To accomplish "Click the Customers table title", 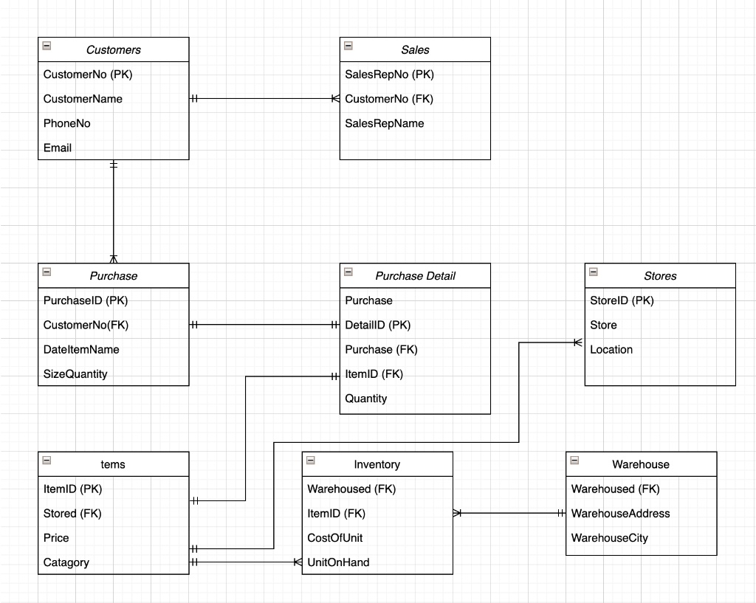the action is point(113,49).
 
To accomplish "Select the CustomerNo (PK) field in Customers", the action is point(88,75).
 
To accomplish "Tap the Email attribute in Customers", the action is point(58,148).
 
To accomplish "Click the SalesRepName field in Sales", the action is point(384,123).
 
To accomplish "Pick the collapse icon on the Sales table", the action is point(348,46).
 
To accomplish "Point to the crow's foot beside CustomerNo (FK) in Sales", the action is point(336,99).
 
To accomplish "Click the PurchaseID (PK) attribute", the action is point(86,300).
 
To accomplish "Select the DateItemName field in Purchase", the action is point(81,349).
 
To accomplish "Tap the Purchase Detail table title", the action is point(415,276).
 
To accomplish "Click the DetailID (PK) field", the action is point(377,325).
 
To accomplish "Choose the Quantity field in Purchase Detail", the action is point(366,399).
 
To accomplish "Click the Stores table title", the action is point(660,276).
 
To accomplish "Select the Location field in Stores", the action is point(611,349).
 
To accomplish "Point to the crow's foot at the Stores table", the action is point(577,342).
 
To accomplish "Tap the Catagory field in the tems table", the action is point(66,562).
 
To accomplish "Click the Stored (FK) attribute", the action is point(72,514).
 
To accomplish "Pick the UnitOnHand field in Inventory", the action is point(338,562).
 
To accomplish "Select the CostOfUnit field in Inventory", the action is point(334,538).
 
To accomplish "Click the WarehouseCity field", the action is point(609,538).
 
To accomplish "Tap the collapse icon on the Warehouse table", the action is point(574,461).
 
